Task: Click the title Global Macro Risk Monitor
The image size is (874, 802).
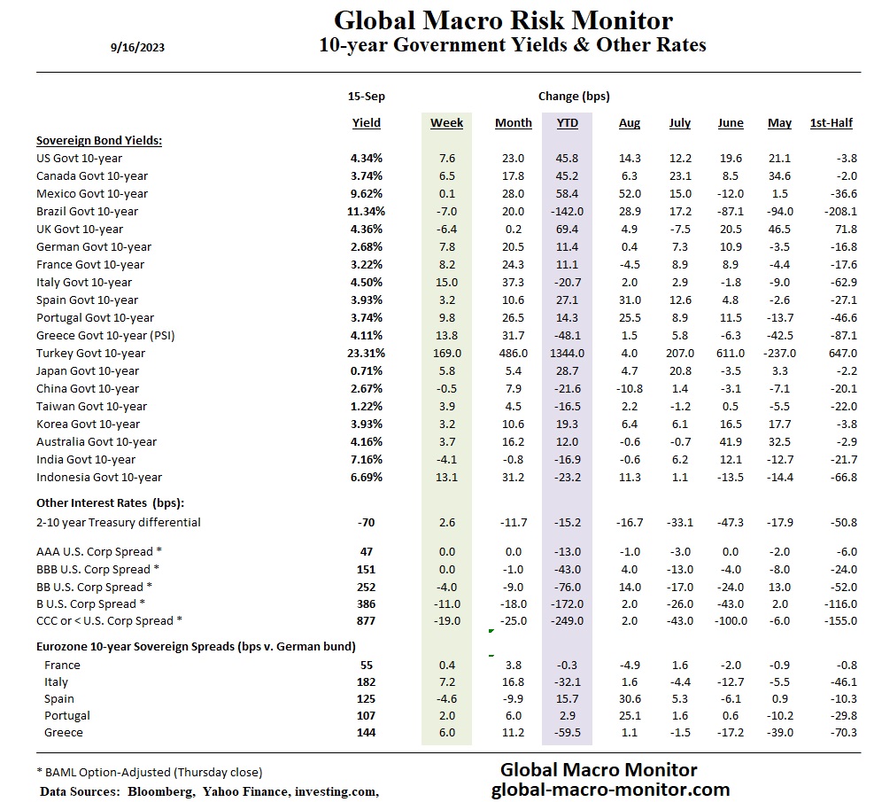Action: pos(503,19)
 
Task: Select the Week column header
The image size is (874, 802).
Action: pos(446,123)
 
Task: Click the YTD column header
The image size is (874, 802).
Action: pos(567,123)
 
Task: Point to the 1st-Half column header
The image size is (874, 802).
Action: pos(831,123)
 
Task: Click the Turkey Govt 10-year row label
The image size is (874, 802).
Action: pos(90,353)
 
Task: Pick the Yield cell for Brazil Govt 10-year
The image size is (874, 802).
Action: pos(366,211)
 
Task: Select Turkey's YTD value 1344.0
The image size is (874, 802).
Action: pos(567,353)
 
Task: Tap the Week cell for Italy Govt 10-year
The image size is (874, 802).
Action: pos(446,282)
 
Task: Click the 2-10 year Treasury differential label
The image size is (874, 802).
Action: pos(118,522)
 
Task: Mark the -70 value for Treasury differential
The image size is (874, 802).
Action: pos(366,522)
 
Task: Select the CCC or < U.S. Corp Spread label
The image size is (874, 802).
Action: pos(110,620)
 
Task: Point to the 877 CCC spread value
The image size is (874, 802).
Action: pos(366,620)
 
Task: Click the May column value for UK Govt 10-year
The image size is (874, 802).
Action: pos(779,229)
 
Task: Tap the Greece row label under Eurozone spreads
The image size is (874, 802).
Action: pos(63,732)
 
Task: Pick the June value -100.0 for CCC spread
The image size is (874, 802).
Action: pos(730,620)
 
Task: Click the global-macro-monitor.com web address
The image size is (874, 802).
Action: pos(610,789)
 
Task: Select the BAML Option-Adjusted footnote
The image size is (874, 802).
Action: pos(149,772)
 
